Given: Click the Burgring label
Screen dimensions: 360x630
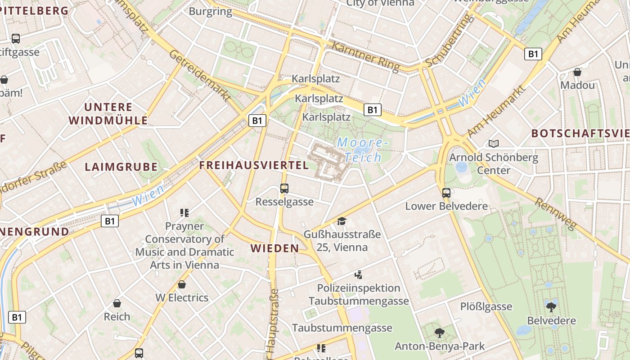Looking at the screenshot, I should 211,11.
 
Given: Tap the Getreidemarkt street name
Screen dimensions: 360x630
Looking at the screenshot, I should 200,75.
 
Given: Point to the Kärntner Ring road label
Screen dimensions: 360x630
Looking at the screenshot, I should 365,57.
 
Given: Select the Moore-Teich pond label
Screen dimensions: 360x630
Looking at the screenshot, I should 362,150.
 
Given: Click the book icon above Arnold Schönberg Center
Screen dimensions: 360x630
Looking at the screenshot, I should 494,144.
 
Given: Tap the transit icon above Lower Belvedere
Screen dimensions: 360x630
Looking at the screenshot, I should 446,193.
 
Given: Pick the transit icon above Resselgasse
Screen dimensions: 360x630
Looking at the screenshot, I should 284,189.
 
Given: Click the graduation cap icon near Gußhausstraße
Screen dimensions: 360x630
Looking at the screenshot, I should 342,221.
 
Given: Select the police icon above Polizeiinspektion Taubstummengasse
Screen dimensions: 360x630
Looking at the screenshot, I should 358,274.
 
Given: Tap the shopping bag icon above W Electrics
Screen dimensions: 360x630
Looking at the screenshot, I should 182,284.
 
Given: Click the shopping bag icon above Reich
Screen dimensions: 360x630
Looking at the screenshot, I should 117,303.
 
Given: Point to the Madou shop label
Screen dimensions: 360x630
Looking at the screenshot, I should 577,85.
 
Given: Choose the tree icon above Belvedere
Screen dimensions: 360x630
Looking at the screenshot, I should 551,307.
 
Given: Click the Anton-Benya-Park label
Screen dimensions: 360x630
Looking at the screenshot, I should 440,346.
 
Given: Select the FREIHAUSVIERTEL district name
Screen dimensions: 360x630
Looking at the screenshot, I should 254,165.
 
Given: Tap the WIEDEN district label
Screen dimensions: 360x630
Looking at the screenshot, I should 274,248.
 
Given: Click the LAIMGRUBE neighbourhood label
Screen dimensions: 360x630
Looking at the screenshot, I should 121,167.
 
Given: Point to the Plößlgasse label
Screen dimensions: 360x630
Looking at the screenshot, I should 486,306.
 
